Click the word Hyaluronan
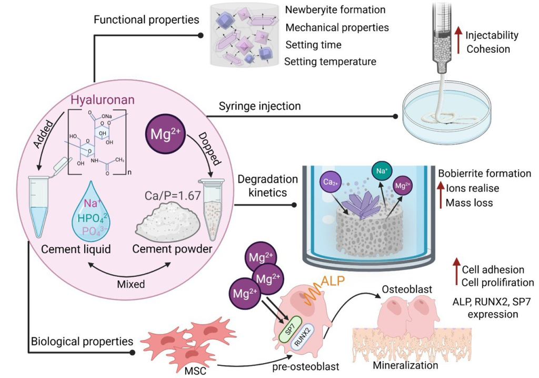[103, 100]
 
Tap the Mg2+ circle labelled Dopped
[166, 134]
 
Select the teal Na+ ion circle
[382, 170]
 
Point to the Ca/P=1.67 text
[173, 196]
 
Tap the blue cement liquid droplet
[91, 211]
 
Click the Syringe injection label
[259, 106]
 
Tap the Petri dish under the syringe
[451, 114]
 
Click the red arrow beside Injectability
[458, 41]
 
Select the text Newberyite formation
[335, 9]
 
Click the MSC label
[195, 371]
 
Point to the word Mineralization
[406, 365]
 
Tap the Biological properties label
[82, 341]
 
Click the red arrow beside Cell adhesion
[456, 272]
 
